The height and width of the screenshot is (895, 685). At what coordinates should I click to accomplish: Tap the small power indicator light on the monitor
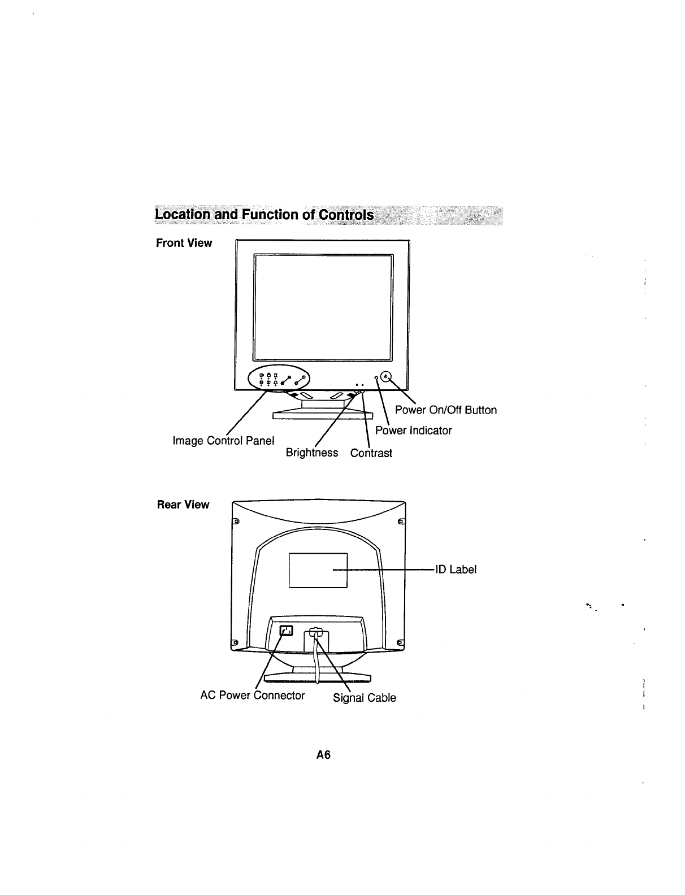click(x=376, y=377)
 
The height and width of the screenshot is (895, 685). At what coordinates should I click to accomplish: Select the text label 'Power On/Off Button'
click(x=445, y=410)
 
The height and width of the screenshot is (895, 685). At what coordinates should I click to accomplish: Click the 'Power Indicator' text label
click(x=414, y=431)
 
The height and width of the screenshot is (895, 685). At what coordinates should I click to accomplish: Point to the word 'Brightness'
click(x=312, y=453)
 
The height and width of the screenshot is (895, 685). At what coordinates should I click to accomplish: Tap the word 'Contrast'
click(x=371, y=453)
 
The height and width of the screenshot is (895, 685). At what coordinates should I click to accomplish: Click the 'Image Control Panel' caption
click(x=223, y=440)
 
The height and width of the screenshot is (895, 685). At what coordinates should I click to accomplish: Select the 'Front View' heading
click(x=184, y=244)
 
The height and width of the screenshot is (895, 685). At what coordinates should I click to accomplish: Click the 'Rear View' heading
click(x=183, y=505)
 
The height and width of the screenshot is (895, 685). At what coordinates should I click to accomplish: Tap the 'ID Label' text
click(x=456, y=570)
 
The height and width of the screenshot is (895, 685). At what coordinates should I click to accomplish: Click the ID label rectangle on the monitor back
click(x=318, y=570)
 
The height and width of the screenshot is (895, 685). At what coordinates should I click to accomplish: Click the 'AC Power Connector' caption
click(x=253, y=696)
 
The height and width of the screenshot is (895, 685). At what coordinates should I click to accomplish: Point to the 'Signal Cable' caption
click(x=365, y=698)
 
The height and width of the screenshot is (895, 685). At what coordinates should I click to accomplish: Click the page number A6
click(x=323, y=755)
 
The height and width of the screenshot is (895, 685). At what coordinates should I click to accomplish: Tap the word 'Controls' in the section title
click(x=346, y=215)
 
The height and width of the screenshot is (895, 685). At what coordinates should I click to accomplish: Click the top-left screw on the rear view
click(x=236, y=521)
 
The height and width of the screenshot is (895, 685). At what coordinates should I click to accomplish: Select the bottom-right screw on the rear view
click(x=400, y=643)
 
